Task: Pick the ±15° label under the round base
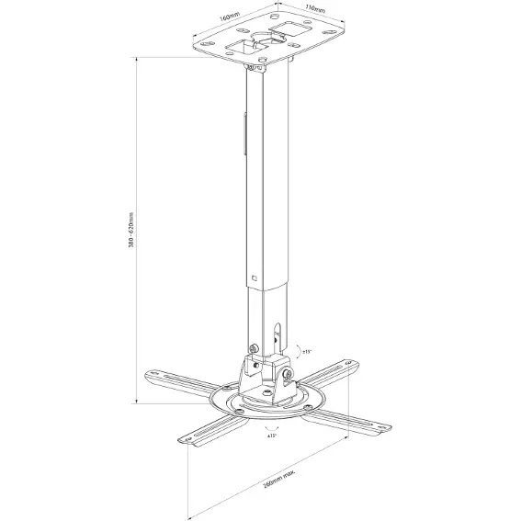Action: pos(273,436)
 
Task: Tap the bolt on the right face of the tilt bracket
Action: pos(289,375)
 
